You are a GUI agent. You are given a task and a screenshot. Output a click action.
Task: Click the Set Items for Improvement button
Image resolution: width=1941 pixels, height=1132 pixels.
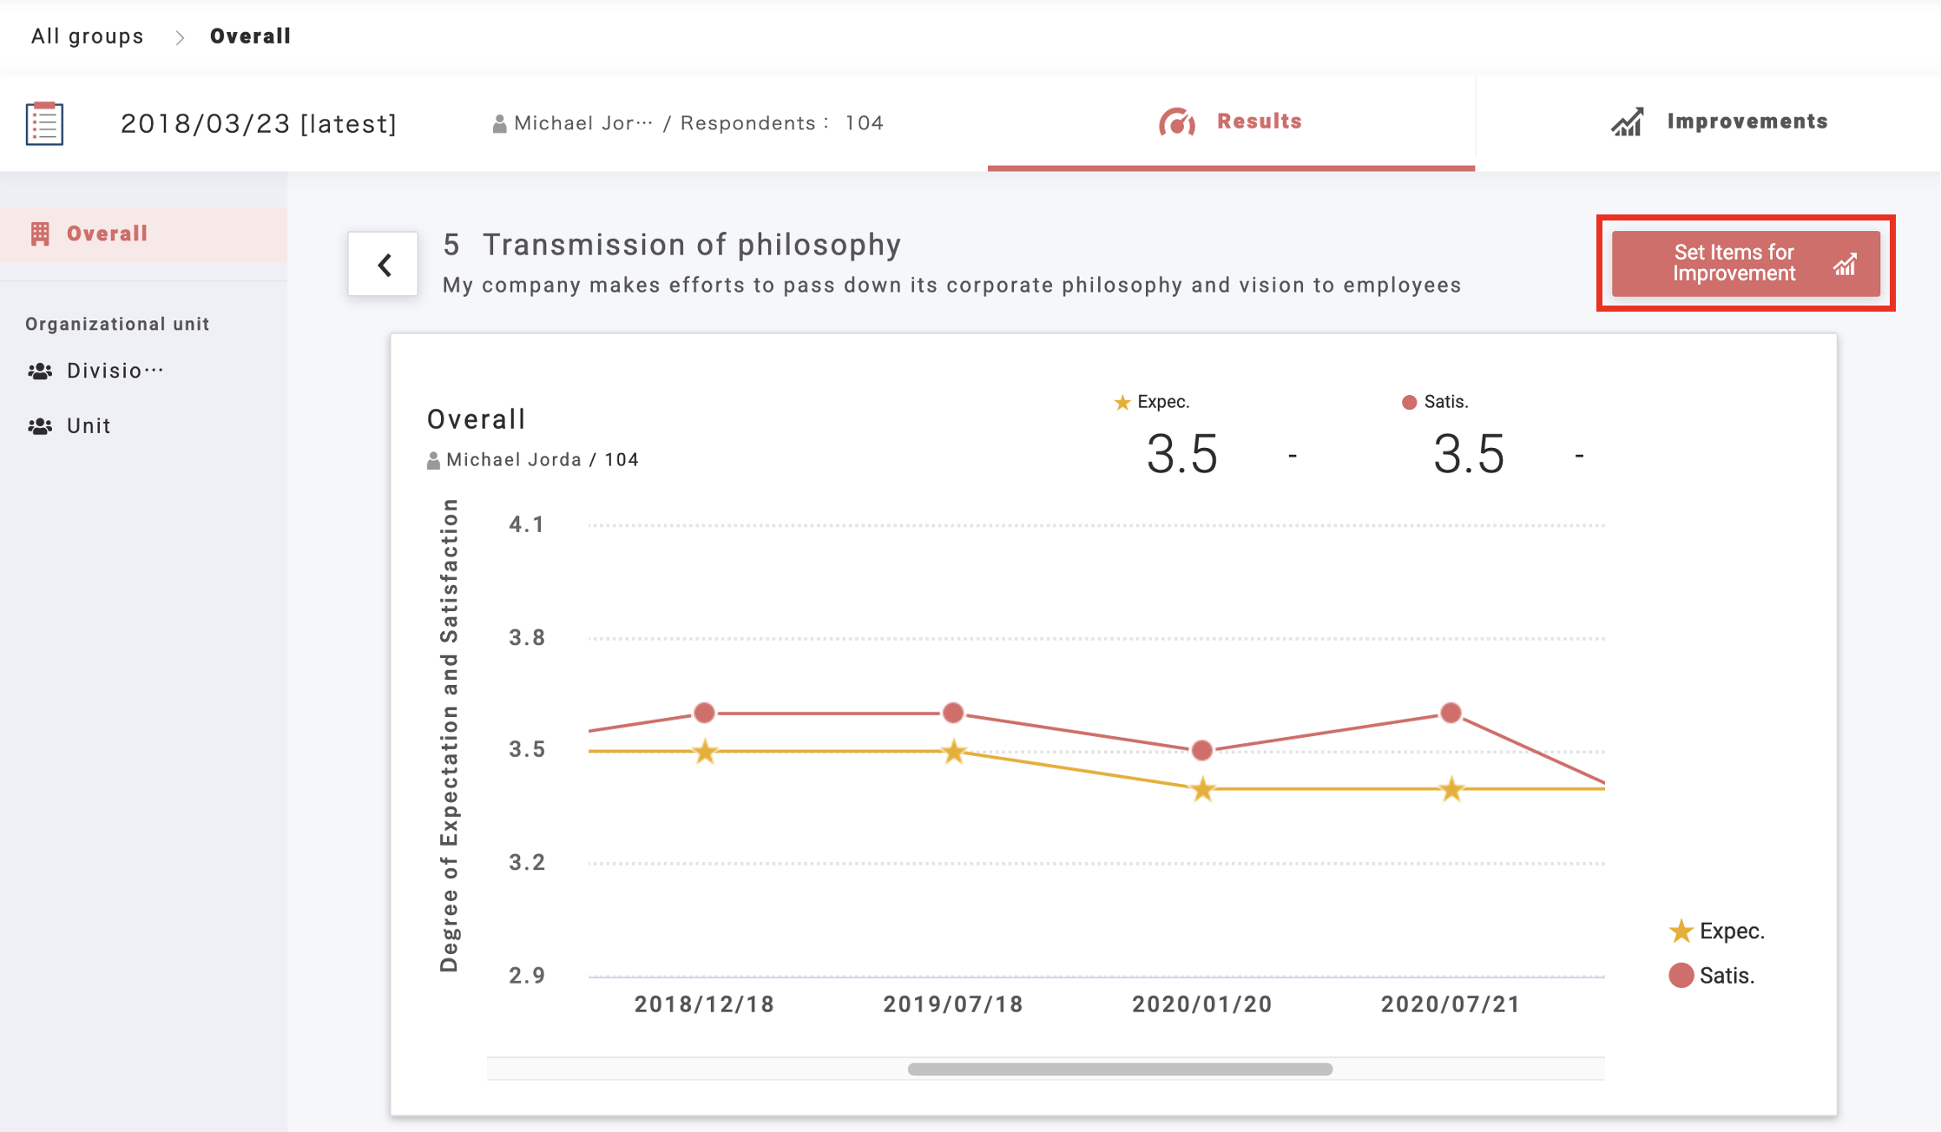pos(1745,263)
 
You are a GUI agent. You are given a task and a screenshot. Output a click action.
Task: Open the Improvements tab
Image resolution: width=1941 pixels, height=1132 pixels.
pos(1719,122)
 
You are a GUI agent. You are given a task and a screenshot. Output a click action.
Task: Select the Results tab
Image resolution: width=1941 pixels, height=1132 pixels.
pos(1231,122)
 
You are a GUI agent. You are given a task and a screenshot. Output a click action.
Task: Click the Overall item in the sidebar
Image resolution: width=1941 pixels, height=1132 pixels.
pos(107,234)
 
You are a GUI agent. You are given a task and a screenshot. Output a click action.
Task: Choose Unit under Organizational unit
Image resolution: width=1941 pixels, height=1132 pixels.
pos(89,426)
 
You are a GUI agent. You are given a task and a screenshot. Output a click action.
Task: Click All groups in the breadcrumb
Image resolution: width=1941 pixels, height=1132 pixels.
pos(87,36)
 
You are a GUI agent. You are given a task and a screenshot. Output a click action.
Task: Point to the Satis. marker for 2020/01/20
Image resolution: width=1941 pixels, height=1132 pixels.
pos(1202,750)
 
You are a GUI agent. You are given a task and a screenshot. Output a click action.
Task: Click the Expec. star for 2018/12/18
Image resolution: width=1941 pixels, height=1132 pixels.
pos(705,752)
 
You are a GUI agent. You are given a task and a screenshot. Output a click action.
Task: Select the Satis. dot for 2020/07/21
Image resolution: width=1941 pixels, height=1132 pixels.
pos(1451,714)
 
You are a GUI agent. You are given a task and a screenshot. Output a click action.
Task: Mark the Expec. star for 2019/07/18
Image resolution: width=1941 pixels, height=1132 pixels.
pos(954,752)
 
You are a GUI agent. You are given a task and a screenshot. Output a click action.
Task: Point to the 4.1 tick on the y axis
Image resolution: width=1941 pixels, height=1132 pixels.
pos(526,524)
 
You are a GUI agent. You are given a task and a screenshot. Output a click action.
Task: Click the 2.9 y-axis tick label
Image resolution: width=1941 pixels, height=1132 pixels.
pos(526,975)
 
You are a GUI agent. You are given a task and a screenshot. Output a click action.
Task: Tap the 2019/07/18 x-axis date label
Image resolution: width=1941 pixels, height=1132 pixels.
pos(953,1004)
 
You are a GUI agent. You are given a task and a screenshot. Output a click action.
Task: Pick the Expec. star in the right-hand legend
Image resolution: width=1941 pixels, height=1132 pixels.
pos(1681,931)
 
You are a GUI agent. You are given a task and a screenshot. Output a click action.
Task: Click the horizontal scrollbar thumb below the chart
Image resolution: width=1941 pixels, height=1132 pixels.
pos(1120,1069)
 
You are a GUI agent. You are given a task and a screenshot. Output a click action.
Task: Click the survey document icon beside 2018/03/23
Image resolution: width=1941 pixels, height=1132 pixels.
pos(45,123)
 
